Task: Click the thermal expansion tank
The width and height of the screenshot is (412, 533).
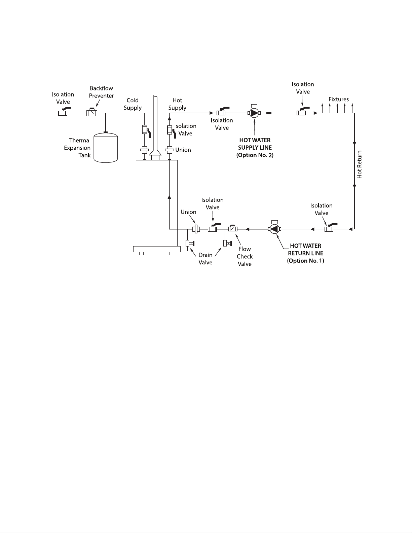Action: [106, 147]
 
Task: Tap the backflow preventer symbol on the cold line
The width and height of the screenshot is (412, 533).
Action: [92, 113]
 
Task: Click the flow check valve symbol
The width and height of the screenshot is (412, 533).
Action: [233, 229]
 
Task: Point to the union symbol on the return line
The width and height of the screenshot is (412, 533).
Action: [196, 229]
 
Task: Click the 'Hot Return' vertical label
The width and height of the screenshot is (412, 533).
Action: [359, 164]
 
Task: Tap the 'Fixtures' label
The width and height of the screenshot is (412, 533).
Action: [338, 99]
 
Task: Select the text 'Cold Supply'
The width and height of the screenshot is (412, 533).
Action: [133, 104]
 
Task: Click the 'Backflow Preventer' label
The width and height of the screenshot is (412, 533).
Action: [101, 92]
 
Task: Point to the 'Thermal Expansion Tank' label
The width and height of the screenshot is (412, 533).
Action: [77, 148]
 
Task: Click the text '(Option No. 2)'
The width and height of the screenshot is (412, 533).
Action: [255, 155]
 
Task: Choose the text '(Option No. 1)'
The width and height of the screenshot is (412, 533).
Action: [306, 261]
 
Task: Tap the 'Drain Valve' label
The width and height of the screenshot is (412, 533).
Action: [205, 259]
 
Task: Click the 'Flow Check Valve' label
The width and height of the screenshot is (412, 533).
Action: [245, 256]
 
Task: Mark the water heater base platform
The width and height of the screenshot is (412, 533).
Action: [157, 249]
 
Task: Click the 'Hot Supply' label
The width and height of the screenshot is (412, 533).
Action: [177, 104]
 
